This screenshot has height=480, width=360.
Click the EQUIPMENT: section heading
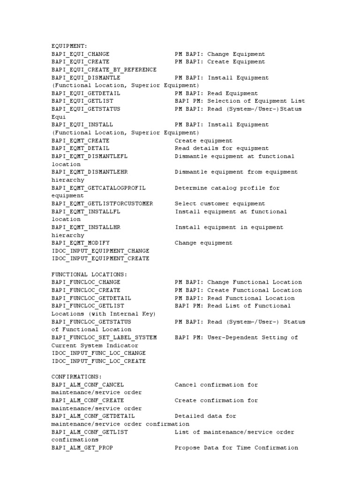(x=69, y=46)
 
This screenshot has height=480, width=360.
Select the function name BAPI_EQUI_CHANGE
(x=80, y=54)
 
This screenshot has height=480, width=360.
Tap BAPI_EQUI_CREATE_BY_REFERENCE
(x=104, y=69)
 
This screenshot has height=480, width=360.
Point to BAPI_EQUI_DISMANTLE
(x=86, y=77)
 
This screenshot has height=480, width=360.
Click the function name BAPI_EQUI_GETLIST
(x=82, y=101)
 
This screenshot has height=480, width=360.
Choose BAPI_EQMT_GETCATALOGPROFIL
(x=98, y=188)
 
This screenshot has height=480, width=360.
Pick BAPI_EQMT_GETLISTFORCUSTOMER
(x=102, y=204)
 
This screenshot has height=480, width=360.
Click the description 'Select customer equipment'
(x=220, y=204)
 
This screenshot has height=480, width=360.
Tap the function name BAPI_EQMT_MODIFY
(x=80, y=243)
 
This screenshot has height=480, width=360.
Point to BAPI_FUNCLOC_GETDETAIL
(x=91, y=298)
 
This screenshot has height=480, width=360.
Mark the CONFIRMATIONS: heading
(x=76, y=376)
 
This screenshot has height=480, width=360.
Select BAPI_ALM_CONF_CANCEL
(x=88, y=385)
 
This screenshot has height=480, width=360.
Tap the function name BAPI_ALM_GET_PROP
(x=82, y=448)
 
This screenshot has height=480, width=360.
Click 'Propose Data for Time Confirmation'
(x=236, y=448)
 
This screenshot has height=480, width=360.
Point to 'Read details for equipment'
(x=222, y=148)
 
